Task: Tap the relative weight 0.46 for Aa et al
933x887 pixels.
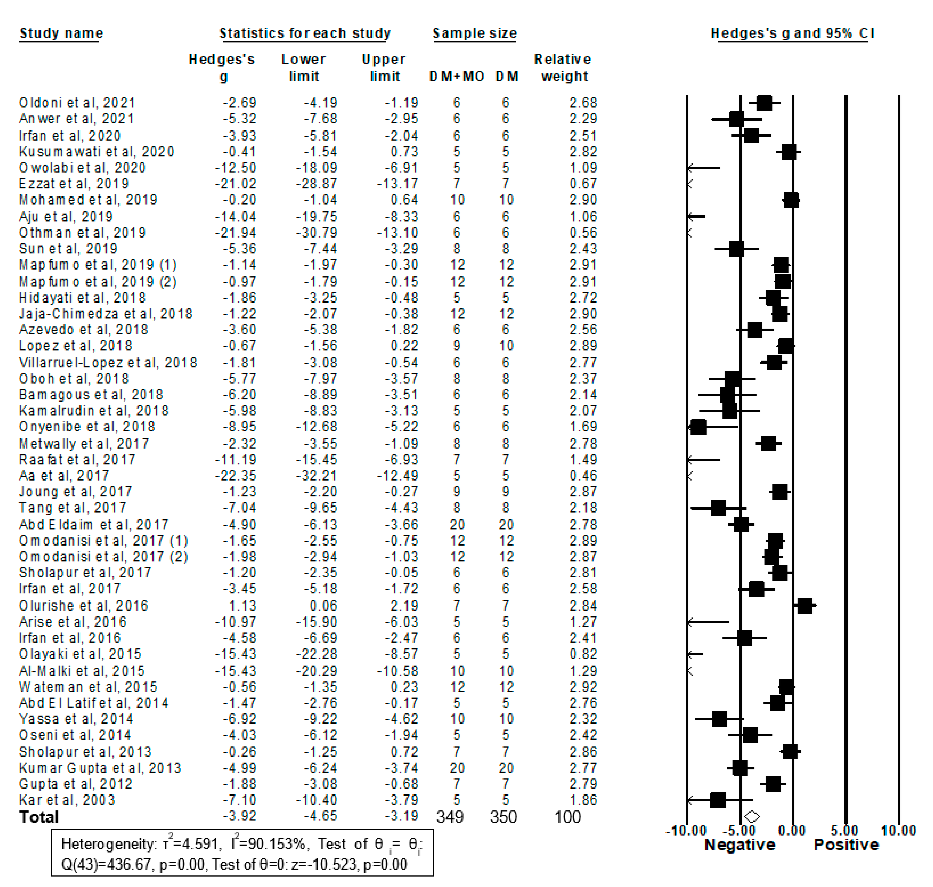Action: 583,476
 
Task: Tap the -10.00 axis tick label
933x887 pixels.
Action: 686,831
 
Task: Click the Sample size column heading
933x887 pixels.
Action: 475,33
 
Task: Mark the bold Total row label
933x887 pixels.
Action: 39,817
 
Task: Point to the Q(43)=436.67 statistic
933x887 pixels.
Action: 106,865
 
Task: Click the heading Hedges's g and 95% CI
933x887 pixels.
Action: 793,33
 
